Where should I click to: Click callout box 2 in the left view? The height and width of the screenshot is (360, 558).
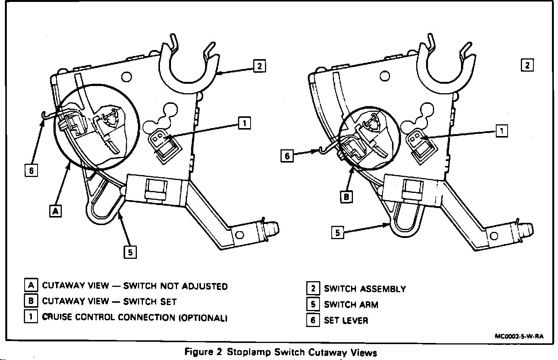(x=259, y=66)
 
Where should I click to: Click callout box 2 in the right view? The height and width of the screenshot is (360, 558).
(x=527, y=65)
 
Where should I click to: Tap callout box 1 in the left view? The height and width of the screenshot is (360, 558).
(x=245, y=123)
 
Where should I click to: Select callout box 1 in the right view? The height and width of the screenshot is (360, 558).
(x=502, y=131)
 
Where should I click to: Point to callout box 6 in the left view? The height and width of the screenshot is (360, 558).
(x=31, y=171)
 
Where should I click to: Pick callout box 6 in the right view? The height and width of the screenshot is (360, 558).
(x=287, y=156)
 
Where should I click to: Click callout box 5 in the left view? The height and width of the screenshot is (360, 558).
(x=130, y=252)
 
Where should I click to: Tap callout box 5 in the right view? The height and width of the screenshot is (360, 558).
(x=338, y=232)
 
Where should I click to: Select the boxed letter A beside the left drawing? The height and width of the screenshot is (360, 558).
(x=56, y=211)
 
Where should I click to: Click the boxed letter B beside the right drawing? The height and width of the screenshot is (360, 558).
(x=346, y=197)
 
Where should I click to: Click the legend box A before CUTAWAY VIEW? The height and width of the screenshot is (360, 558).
(x=31, y=285)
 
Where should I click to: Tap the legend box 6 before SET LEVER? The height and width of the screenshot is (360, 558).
(x=313, y=320)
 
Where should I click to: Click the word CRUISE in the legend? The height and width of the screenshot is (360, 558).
(x=57, y=317)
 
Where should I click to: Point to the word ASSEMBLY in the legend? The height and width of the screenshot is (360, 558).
(x=383, y=289)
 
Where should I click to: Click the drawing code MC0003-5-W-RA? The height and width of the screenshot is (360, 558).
(x=519, y=336)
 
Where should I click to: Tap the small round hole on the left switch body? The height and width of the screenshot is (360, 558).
(x=127, y=77)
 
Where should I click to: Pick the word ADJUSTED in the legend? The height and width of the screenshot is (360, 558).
(x=205, y=286)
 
